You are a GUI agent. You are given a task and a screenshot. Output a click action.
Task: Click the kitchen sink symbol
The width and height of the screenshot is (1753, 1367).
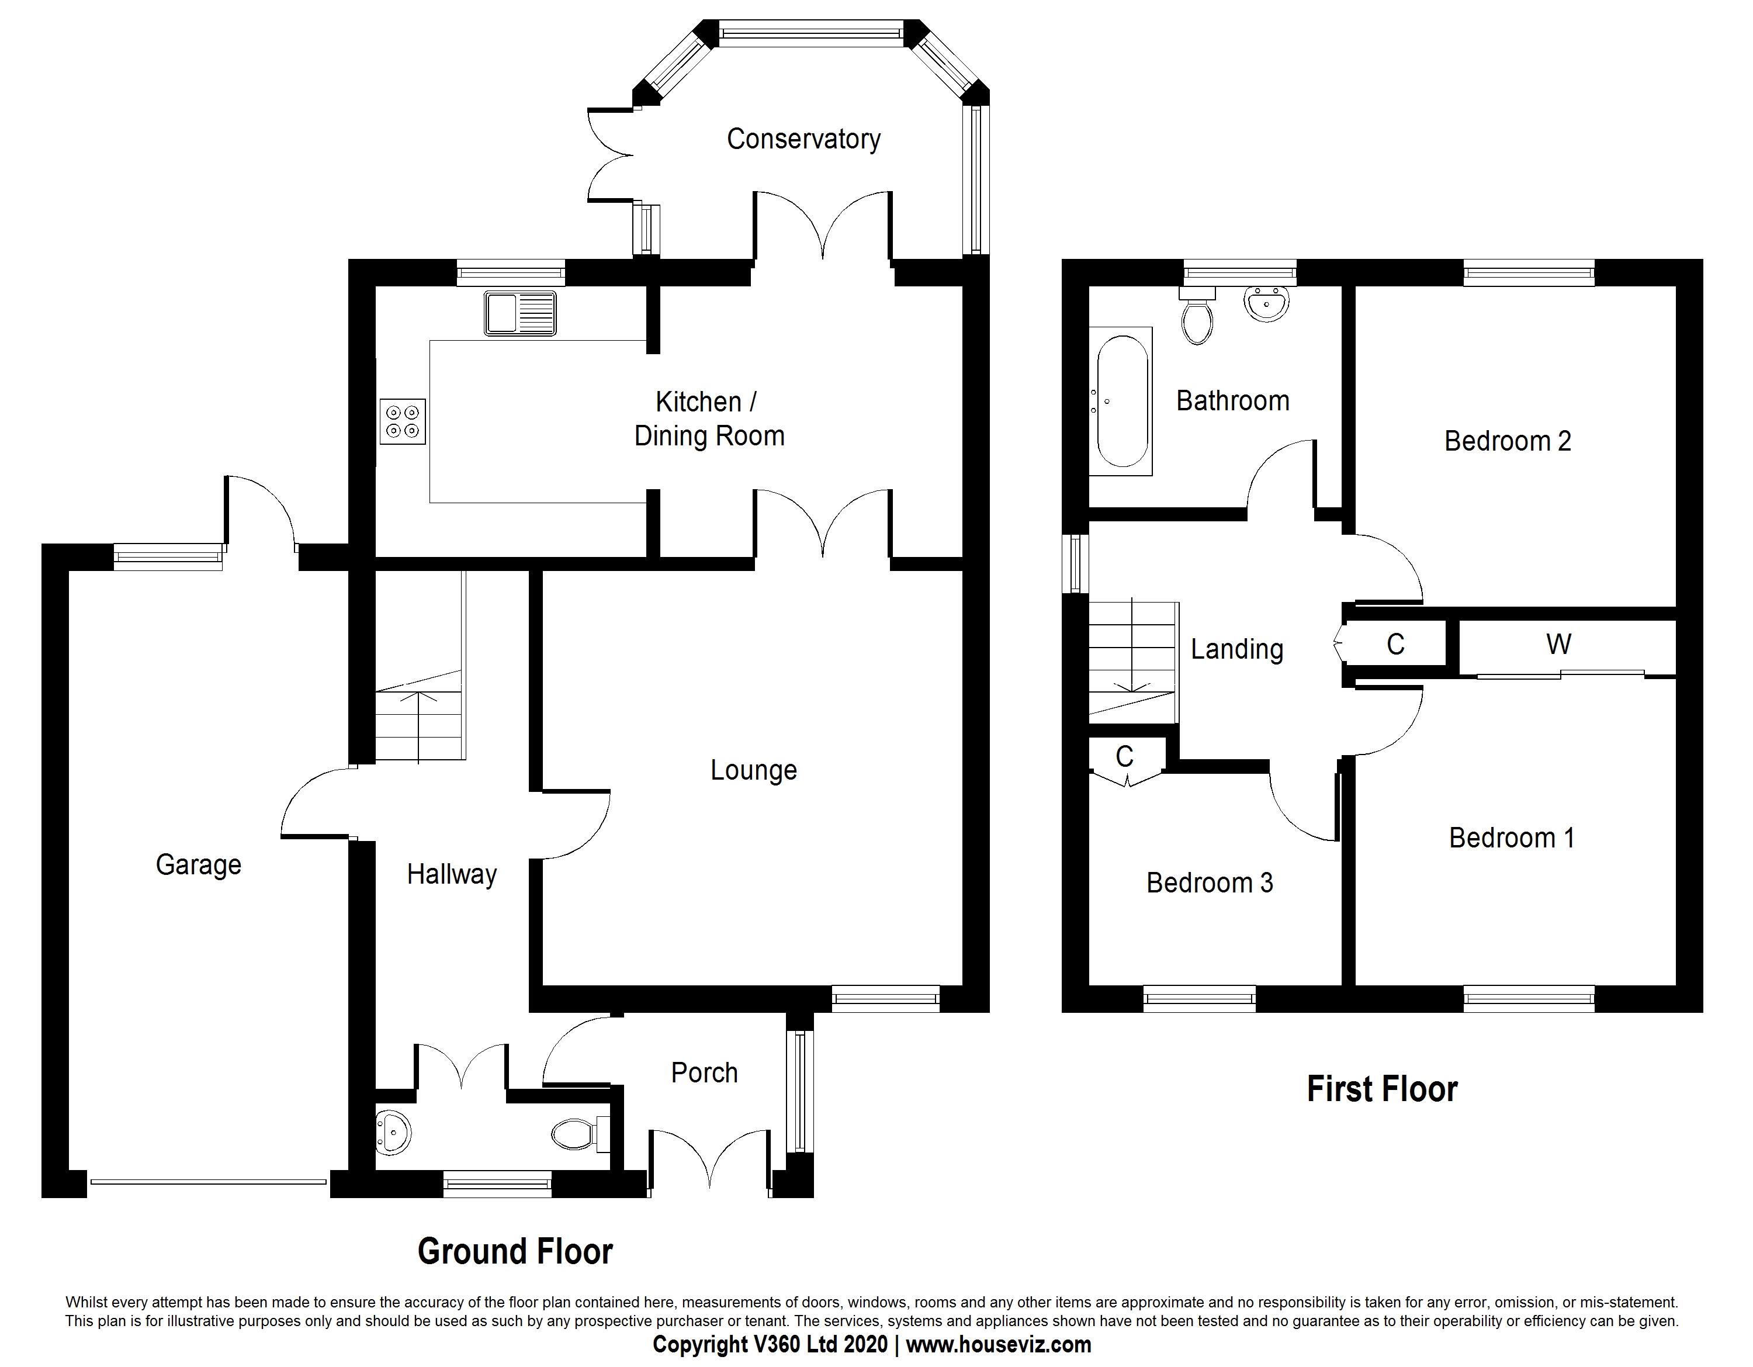pyautogui.click(x=520, y=313)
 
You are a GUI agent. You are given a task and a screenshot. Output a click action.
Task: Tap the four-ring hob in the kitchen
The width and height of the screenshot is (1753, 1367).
pyautogui.click(x=403, y=421)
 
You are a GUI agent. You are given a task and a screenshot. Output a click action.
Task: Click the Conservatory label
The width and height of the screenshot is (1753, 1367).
pyautogui.click(x=803, y=139)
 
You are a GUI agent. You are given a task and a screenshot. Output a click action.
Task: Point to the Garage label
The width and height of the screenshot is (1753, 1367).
pyautogui.click(x=198, y=864)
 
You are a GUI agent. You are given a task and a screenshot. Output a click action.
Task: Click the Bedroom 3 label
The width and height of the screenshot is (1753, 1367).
pyautogui.click(x=1210, y=883)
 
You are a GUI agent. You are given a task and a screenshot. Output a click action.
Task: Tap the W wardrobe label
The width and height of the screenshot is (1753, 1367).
pyautogui.click(x=1559, y=644)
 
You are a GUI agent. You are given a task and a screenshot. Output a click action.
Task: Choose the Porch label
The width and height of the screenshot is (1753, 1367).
pyautogui.click(x=704, y=1072)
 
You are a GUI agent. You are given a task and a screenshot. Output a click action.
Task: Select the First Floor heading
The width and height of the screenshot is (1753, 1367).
pyautogui.click(x=1382, y=1089)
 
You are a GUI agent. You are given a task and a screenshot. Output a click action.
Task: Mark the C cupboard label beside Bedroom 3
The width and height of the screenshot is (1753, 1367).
pyautogui.click(x=1124, y=756)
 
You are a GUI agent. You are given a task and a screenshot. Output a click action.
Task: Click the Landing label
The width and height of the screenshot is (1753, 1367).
pyautogui.click(x=1237, y=649)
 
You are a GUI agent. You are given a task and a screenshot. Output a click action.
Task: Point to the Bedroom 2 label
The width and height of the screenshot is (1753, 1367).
pyautogui.click(x=1508, y=441)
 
